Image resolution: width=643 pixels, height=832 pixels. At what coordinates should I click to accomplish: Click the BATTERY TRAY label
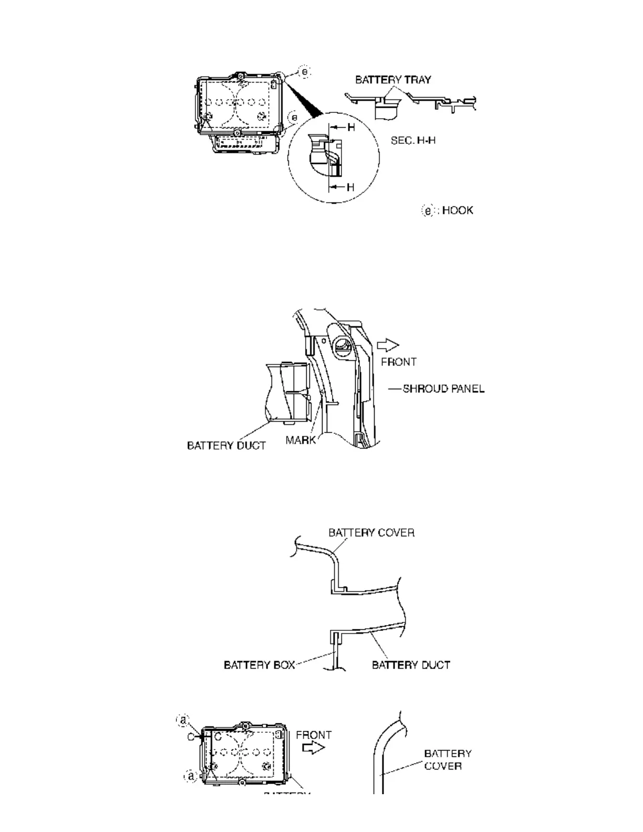(393, 80)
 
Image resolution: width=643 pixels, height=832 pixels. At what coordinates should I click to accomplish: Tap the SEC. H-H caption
(413, 140)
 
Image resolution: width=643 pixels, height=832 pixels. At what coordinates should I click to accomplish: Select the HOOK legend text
(458, 210)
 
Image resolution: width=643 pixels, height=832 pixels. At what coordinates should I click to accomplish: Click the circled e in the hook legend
(429, 211)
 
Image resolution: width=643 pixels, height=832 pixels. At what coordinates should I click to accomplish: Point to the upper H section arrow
(341, 128)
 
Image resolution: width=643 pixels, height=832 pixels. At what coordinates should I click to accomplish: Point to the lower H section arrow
(341, 187)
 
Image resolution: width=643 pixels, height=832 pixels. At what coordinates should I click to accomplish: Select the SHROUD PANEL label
(443, 389)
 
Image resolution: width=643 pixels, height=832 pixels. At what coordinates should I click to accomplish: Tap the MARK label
(300, 440)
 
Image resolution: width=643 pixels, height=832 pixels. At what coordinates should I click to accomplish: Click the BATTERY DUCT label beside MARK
(226, 445)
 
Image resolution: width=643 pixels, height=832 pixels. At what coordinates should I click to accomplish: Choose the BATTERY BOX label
(259, 665)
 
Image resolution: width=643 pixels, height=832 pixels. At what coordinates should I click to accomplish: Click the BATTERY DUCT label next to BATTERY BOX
(411, 665)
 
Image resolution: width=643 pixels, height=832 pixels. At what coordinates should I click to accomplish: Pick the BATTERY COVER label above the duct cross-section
(371, 533)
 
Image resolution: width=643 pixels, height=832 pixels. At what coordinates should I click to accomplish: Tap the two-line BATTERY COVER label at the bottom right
(448, 760)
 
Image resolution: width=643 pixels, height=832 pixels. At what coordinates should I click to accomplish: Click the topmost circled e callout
(305, 71)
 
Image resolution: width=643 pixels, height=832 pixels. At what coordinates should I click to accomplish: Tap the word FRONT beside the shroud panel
(399, 362)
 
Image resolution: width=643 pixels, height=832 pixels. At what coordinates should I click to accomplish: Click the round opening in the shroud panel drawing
(341, 347)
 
